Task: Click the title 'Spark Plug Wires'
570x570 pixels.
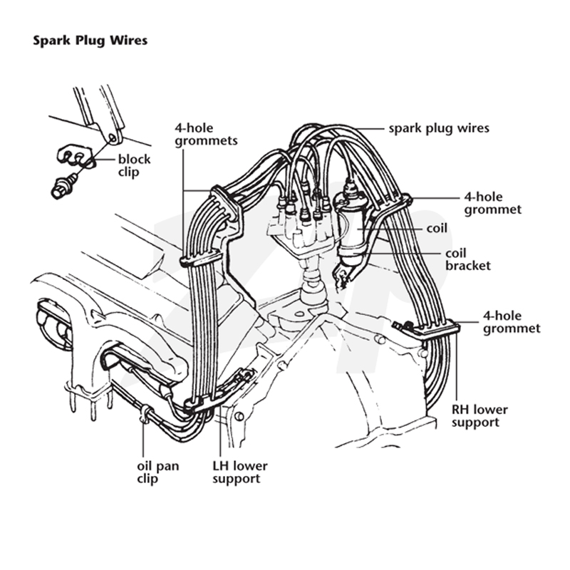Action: coord(90,41)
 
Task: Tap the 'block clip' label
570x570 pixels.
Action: coord(134,165)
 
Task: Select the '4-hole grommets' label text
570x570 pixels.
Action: coord(206,135)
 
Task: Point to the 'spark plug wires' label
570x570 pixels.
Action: coord(439,128)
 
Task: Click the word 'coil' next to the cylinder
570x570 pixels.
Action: coord(437,228)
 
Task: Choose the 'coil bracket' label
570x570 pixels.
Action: coord(468,259)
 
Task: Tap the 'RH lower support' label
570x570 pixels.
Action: coord(480,416)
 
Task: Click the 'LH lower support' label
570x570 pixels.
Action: coord(240,472)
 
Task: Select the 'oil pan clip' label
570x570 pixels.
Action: coord(157,472)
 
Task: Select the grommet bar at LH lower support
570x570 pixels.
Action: coord(201,403)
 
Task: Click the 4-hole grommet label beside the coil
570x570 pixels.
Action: coord(493,203)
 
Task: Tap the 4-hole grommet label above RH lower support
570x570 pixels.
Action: coord(512,322)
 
